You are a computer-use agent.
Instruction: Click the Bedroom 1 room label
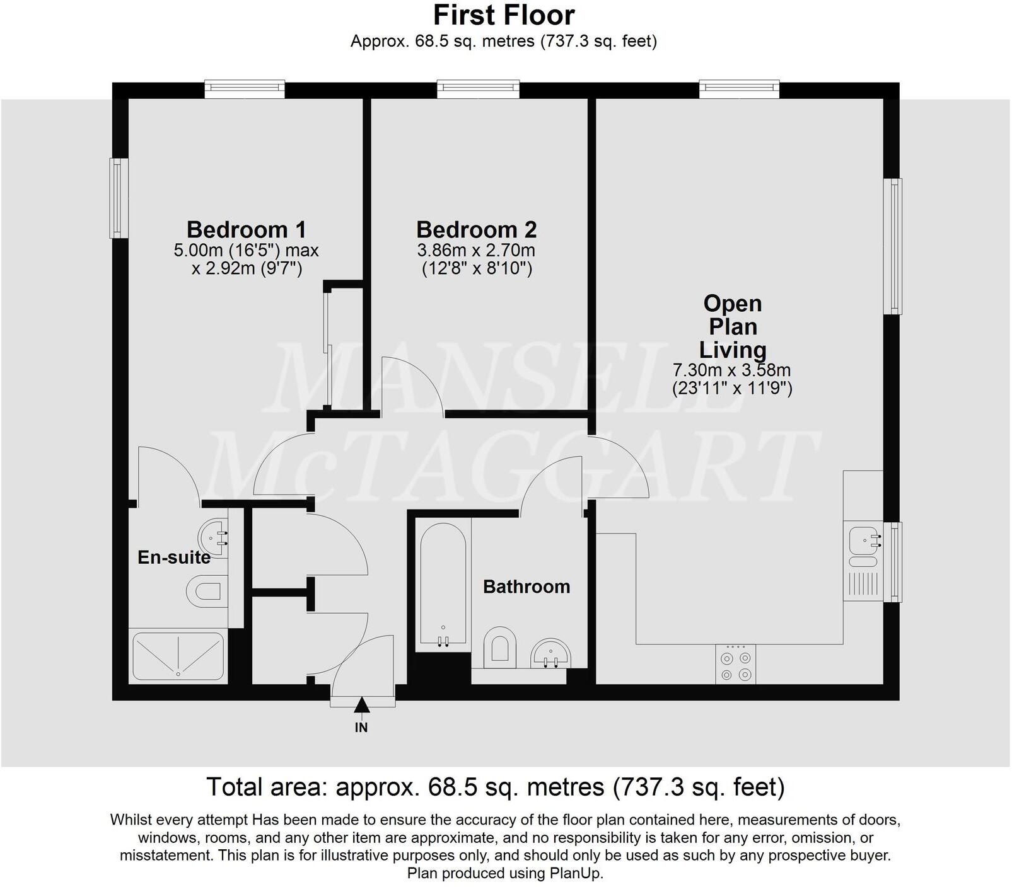pyautogui.click(x=246, y=229)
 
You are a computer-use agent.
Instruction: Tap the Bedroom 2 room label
pyautogui.click(x=476, y=229)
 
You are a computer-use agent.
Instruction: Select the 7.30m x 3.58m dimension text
pyautogui.click(x=731, y=370)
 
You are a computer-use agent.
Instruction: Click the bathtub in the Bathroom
pyautogui.click(x=443, y=583)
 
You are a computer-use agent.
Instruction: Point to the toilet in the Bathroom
pyautogui.click(x=499, y=647)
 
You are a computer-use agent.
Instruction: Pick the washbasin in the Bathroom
pyautogui.click(x=551, y=653)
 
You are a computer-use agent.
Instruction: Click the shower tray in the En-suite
pyautogui.click(x=178, y=656)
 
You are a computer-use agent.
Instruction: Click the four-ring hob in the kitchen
pyautogui.click(x=736, y=665)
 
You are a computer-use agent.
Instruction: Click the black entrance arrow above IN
pyautogui.click(x=361, y=705)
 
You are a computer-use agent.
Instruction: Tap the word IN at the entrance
pyautogui.click(x=361, y=728)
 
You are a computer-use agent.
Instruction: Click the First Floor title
pyautogui.click(x=504, y=15)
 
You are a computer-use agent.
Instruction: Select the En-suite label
pyautogui.click(x=174, y=557)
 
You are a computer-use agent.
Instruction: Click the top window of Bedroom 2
pyautogui.click(x=479, y=89)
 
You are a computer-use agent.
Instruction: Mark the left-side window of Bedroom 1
pyautogui.click(x=118, y=198)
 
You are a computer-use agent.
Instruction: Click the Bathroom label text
pyautogui.click(x=526, y=587)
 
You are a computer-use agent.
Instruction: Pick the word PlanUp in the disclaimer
pyautogui.click(x=576, y=873)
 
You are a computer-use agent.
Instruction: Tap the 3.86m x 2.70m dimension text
pyautogui.click(x=476, y=250)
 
